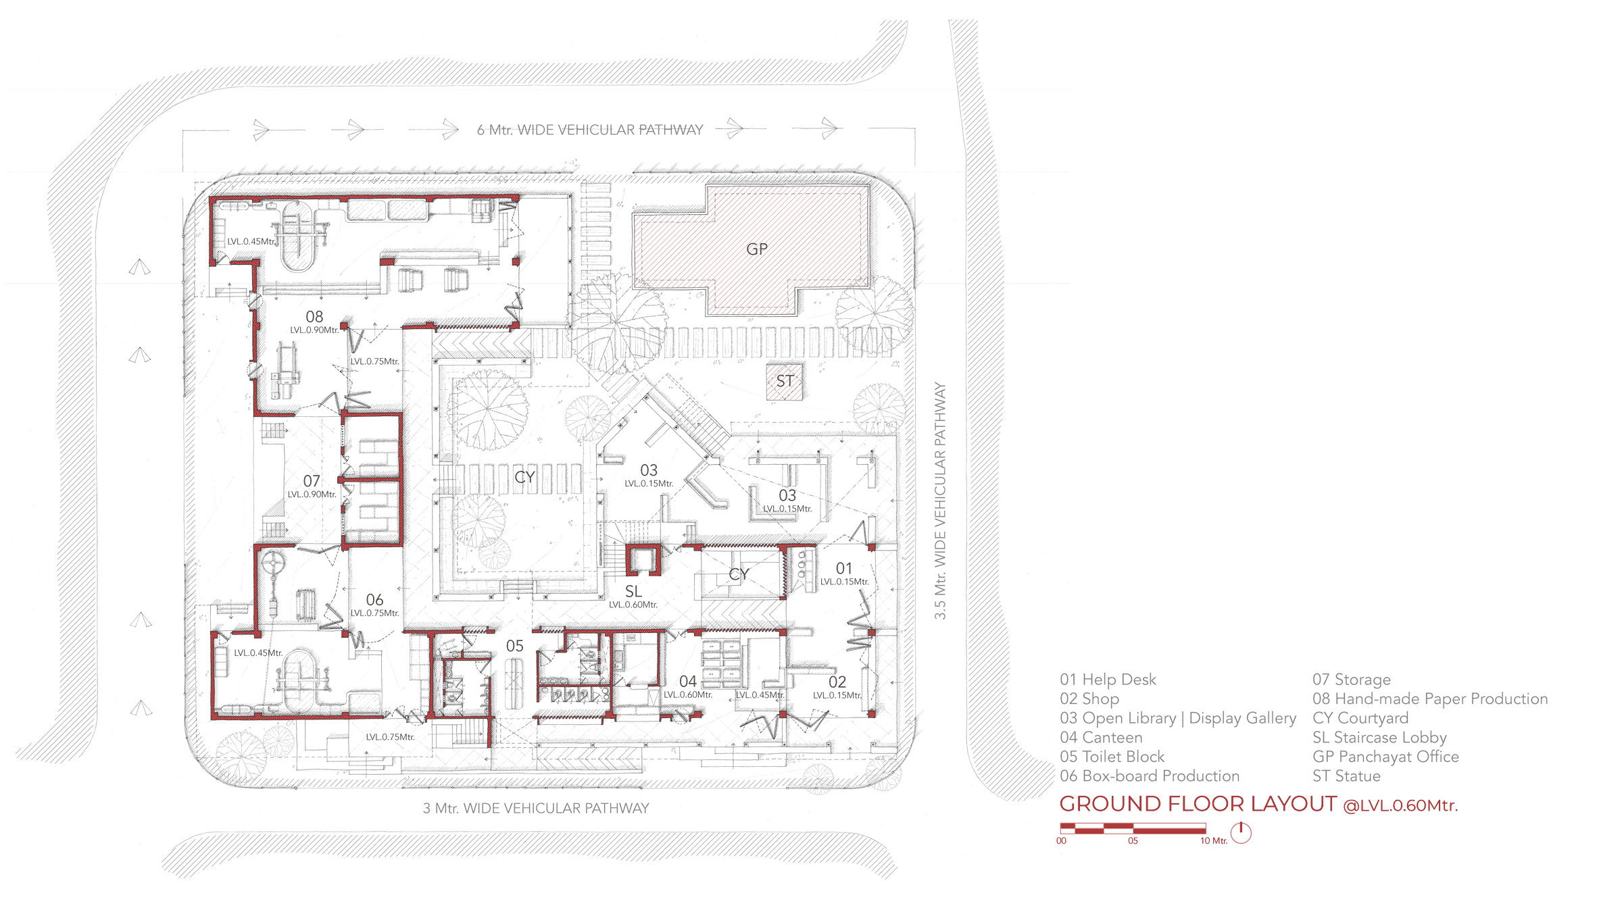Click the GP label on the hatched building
point(757,249)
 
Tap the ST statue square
point(785,382)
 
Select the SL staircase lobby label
point(633,592)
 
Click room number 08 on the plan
point(314,317)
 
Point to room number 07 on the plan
point(312,481)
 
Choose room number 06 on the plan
point(374,600)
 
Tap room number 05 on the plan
point(515,647)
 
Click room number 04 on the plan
point(688,682)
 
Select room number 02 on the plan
point(837,682)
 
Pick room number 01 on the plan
point(844,569)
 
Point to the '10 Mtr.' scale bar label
point(1214,841)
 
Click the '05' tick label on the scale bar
point(1133,841)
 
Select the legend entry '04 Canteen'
point(1101,738)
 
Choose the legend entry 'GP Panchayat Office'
point(1385,757)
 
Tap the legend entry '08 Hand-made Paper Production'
point(1430,699)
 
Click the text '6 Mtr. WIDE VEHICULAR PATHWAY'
point(590,130)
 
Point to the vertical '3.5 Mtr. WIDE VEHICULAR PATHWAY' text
point(940,501)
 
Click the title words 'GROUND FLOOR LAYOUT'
point(1198,804)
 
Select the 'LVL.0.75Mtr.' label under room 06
point(375,613)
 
